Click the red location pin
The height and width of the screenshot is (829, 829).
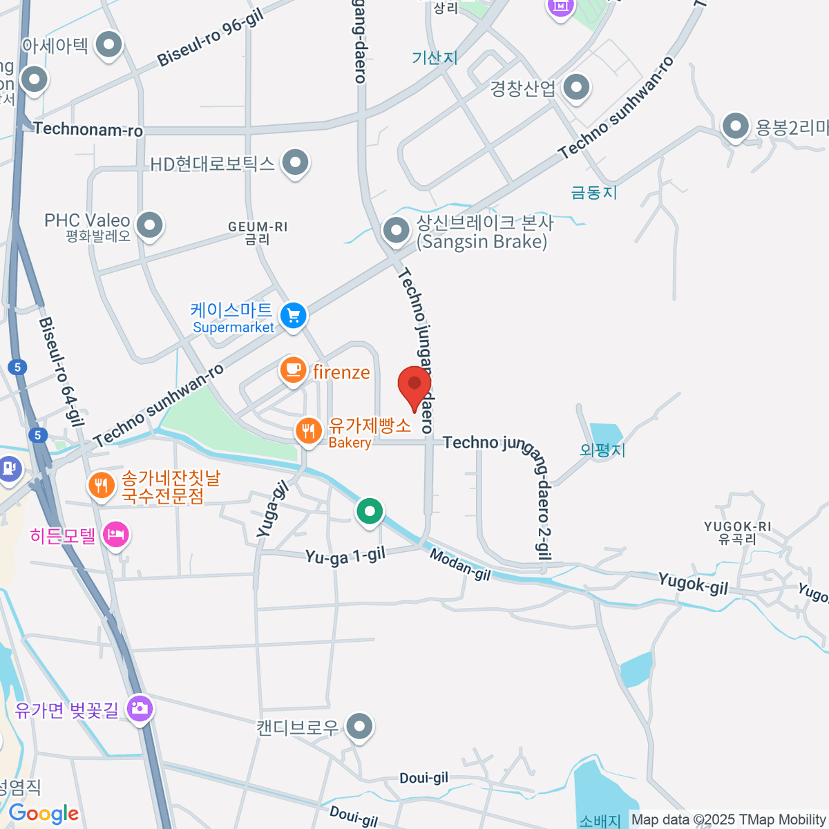(414, 384)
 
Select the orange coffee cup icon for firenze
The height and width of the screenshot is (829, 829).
(293, 370)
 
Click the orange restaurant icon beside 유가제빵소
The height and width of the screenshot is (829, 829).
(308, 432)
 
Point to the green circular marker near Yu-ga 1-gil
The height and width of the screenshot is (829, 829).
(370, 512)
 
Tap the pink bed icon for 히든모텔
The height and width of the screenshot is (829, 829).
(116, 534)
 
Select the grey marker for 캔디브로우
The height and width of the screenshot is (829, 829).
(359, 726)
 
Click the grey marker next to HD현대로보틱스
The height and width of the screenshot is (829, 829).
(296, 163)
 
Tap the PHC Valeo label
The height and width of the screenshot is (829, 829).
(87, 221)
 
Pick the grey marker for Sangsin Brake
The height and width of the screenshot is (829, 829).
(396, 231)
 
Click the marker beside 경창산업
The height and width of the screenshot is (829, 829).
(575, 88)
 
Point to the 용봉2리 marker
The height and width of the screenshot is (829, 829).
(735, 127)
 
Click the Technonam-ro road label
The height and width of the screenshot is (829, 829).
(88, 129)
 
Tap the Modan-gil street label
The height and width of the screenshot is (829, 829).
(460, 564)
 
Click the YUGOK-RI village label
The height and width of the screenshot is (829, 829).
(737, 526)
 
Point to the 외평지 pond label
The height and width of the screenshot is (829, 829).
(602, 450)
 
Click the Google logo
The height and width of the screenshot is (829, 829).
(44, 814)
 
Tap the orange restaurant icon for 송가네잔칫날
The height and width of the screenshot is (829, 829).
(102, 485)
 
